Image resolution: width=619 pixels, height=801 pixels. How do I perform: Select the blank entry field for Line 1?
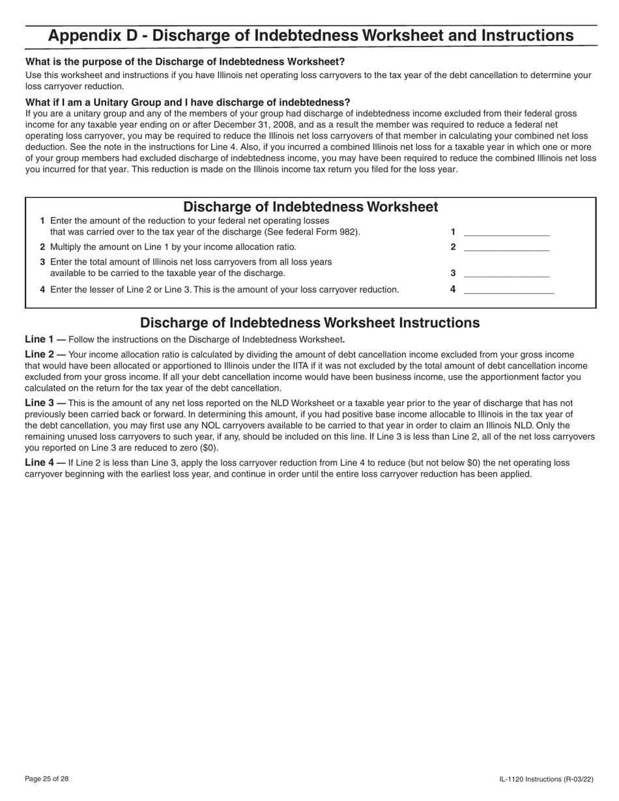506,232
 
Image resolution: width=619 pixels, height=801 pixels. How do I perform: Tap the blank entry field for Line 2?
506,247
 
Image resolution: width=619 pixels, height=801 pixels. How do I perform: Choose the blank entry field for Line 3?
506,274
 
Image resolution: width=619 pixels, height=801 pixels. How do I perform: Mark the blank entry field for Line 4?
508,290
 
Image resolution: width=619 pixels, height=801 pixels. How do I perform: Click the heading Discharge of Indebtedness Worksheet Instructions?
309,323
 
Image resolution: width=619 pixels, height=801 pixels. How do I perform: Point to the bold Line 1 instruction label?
45,339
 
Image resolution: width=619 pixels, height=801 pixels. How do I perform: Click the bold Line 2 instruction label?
45,354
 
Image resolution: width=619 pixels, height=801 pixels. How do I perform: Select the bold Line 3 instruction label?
45,403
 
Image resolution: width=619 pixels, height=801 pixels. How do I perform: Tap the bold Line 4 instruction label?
45,463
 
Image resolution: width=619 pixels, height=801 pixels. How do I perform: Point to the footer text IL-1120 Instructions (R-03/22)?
546,779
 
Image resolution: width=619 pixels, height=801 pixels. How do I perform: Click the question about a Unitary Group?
188,102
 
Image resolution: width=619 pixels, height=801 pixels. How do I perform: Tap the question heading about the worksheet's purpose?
185,62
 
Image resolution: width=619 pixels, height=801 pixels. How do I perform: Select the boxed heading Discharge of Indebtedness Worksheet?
310,207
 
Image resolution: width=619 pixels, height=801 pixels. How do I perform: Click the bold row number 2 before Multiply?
42,247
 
